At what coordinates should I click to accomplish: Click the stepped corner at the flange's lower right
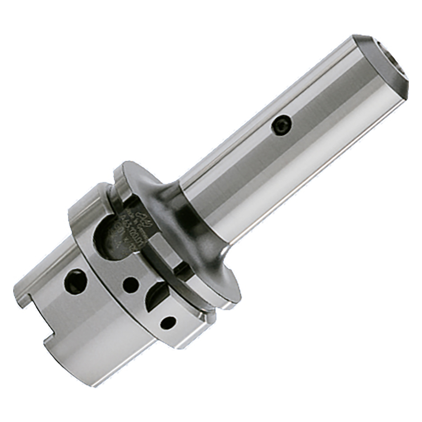pos(208,318)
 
